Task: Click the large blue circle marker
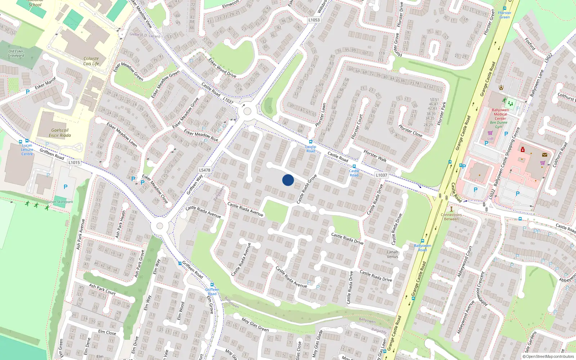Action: pos(288,180)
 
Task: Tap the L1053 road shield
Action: pos(314,20)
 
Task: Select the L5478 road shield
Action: pos(204,170)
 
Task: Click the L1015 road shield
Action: pos(74,162)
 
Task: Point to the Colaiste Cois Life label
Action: pos(91,61)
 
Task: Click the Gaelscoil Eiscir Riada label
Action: pos(60,133)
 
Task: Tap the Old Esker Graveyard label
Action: pos(16,53)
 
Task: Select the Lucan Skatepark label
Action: pos(60,202)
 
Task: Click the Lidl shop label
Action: pos(490,138)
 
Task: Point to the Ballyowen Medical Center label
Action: pos(500,114)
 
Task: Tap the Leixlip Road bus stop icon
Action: pos(310,142)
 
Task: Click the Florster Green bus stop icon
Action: pos(505,8)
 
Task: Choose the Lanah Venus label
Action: pos(392,254)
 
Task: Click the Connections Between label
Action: pos(451,217)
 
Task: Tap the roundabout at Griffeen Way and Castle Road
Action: pos(247,111)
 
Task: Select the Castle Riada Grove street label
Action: pos(306,189)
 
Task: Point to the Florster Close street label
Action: pos(410,131)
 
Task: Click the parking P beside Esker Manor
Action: pos(28,92)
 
